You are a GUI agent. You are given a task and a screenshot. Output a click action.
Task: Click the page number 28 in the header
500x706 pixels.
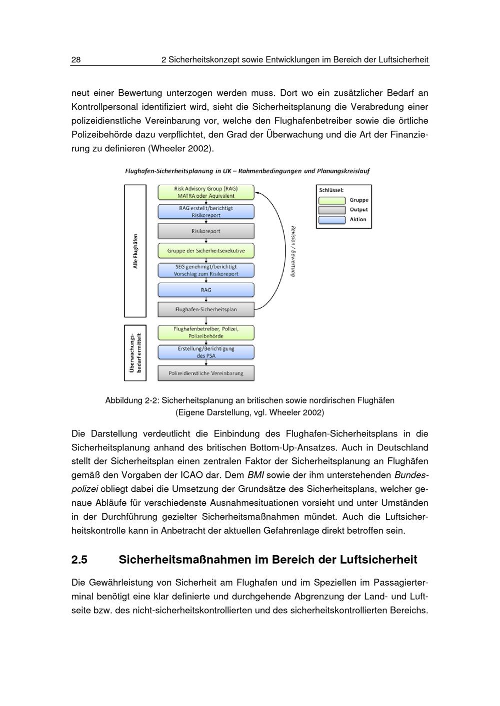(76, 60)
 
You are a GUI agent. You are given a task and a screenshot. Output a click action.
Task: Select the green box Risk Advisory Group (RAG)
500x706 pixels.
(206, 192)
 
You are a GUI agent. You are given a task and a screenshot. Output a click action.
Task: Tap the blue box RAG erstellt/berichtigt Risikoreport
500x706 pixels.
(206, 212)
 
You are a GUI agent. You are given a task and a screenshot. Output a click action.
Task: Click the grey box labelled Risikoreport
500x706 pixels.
(206, 231)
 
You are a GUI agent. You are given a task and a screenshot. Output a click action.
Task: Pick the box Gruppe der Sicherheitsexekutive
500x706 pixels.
(206, 251)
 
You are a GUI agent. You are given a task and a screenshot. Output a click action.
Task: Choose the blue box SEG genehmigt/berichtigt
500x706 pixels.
(206, 270)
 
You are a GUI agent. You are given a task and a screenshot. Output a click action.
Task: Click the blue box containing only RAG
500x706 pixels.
(206, 290)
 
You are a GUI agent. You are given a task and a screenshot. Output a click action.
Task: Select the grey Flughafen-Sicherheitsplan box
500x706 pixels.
(206, 310)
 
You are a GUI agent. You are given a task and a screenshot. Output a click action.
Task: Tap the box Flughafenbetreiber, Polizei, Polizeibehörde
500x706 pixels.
(206, 333)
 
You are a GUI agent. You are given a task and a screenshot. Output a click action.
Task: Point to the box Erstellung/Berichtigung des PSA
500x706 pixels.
(206, 352)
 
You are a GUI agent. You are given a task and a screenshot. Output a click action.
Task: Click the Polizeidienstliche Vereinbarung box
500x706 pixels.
(206, 373)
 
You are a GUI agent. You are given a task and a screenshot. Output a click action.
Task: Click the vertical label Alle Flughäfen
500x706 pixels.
(135, 251)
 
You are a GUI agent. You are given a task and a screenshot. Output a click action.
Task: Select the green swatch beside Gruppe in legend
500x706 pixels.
(332, 200)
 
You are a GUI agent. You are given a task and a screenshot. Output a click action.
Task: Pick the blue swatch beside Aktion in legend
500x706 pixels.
(332, 220)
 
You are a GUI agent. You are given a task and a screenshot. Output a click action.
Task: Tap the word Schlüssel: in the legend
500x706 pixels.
(331, 190)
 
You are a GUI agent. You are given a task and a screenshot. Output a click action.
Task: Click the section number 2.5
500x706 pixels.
(79, 560)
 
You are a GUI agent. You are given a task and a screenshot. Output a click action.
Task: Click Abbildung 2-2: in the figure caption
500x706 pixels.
(132, 400)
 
